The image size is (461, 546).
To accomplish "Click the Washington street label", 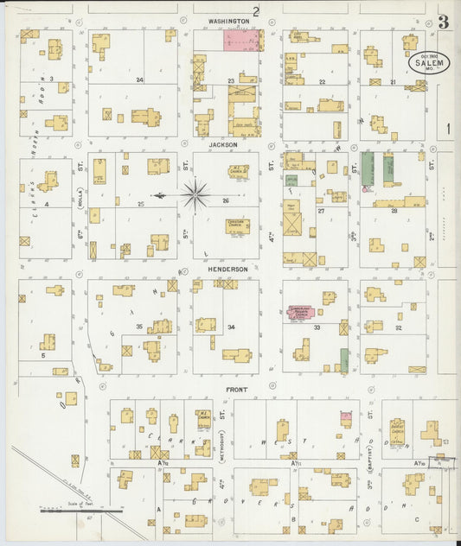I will [228, 20].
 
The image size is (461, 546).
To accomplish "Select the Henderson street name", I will [227, 270].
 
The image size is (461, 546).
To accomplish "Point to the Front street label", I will [237, 390].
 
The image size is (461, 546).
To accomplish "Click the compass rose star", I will [195, 195].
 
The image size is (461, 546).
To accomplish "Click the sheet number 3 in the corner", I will [443, 22].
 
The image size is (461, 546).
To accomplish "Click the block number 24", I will [139, 79].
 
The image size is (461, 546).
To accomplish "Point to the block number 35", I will [138, 327].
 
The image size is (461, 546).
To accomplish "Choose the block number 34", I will [231, 327].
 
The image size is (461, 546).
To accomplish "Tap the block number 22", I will [322, 81].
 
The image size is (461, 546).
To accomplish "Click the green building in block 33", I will [344, 359].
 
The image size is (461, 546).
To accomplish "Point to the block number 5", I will [42, 354].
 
